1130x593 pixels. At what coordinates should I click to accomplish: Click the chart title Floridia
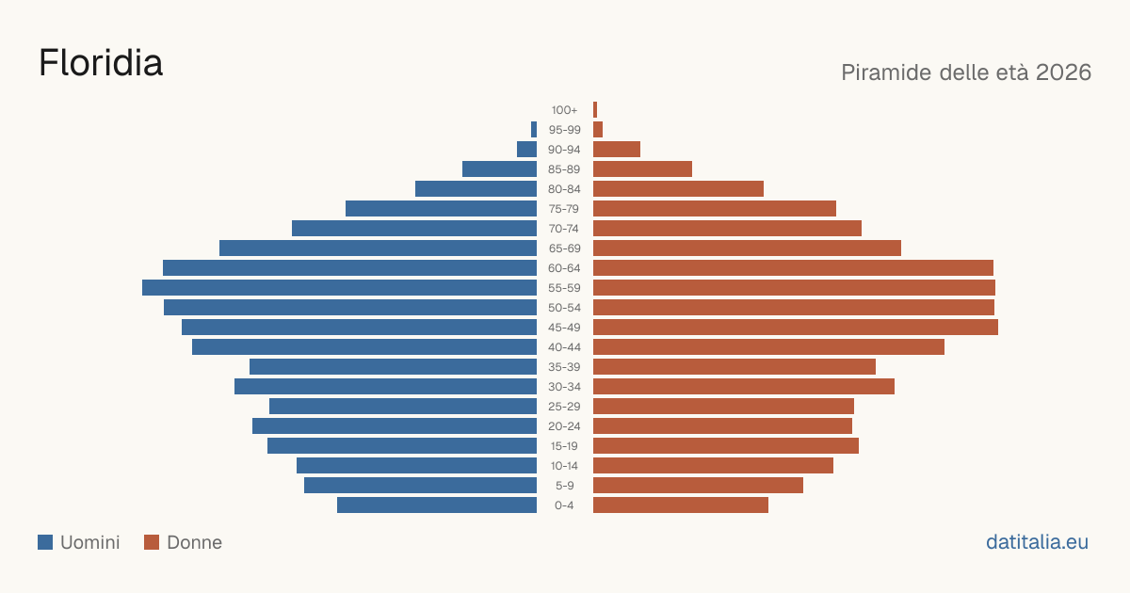(101, 63)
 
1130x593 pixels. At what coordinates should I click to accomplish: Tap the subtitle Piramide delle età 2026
(966, 72)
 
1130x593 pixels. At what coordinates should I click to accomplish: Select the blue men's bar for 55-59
(340, 287)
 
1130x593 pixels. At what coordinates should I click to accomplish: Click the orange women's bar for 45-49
(796, 328)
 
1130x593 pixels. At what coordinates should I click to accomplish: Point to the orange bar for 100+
(595, 110)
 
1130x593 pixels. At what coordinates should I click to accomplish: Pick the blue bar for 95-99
(534, 130)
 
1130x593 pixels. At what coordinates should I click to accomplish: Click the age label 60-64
(564, 268)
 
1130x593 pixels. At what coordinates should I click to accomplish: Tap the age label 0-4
(564, 505)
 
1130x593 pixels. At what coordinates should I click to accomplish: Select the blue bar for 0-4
(437, 505)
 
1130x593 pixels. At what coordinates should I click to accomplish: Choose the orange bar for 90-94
(617, 150)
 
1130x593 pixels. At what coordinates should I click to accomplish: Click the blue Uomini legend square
(45, 542)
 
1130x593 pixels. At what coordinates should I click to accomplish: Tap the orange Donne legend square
(152, 542)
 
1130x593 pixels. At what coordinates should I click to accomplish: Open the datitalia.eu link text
(1037, 542)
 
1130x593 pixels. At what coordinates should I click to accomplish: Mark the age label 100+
(564, 110)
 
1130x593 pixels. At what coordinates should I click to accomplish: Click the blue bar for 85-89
(499, 168)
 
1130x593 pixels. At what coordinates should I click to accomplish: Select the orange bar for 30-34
(744, 387)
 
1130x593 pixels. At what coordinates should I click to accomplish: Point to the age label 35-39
(564, 367)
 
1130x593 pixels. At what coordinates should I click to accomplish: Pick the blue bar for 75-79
(442, 209)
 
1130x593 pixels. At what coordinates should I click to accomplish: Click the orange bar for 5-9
(698, 486)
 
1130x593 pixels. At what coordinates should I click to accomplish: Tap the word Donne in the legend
(194, 542)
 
